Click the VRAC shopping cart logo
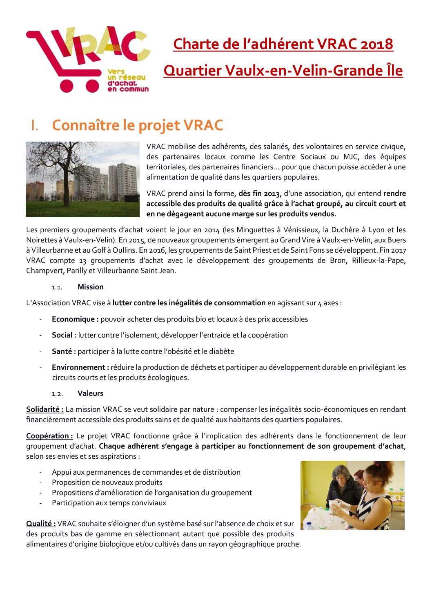click(x=88, y=60)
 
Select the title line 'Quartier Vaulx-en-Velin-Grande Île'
click(x=283, y=71)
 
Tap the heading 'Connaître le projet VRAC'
click(x=138, y=125)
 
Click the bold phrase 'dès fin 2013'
click(x=259, y=193)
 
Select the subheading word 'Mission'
click(x=91, y=287)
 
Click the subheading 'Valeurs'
click(x=91, y=393)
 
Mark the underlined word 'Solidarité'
click(x=45, y=409)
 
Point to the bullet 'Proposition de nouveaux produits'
click(x=107, y=482)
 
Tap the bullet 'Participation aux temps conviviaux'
click(x=109, y=503)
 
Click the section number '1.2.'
click(x=57, y=394)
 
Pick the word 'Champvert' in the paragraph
click(x=44, y=271)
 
